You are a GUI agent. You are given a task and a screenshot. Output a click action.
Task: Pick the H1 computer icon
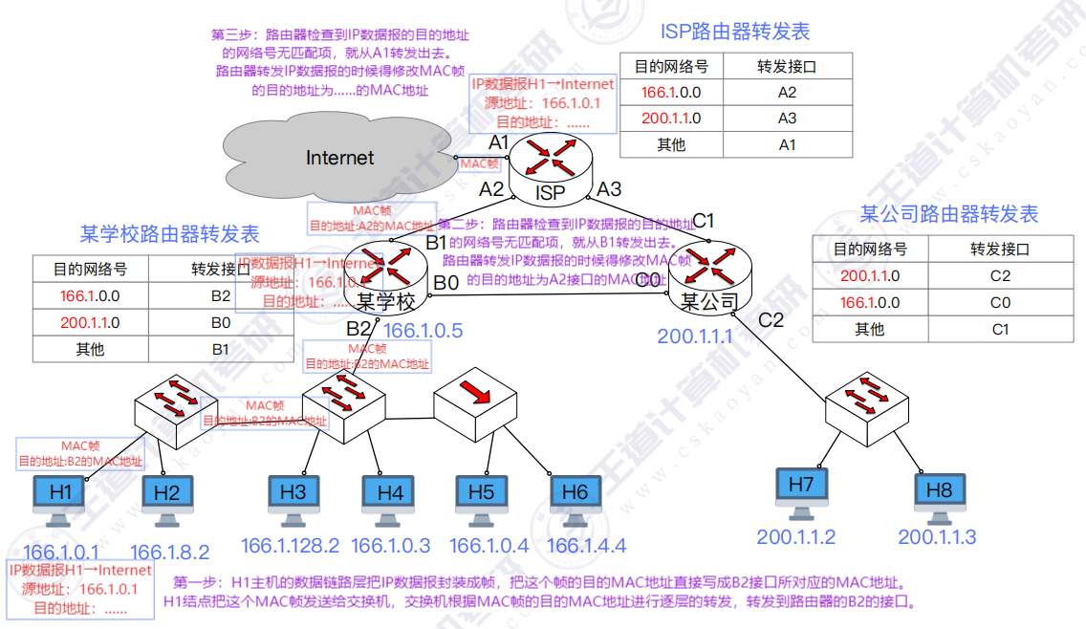coord(60,497)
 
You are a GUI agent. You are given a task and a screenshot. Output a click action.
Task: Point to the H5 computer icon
coord(481,496)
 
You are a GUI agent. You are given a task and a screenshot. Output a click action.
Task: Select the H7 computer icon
coord(800,489)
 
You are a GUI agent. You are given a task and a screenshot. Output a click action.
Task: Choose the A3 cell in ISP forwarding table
coord(787,119)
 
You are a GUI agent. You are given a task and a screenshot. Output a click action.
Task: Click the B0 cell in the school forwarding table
coord(221,322)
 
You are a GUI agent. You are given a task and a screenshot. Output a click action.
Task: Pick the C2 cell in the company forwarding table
coord(1000,276)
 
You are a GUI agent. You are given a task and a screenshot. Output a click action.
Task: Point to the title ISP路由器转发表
coord(735,32)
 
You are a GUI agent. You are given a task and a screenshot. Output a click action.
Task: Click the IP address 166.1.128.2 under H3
coord(290,546)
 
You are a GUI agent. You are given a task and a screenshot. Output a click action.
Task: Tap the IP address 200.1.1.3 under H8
coord(937,537)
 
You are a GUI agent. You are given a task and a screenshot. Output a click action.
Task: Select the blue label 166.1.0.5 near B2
coord(423,331)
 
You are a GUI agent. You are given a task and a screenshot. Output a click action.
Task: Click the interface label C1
coord(703,221)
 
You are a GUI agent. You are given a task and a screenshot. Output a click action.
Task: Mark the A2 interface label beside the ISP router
coord(491,189)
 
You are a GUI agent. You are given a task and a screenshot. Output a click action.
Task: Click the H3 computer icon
coord(293,496)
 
